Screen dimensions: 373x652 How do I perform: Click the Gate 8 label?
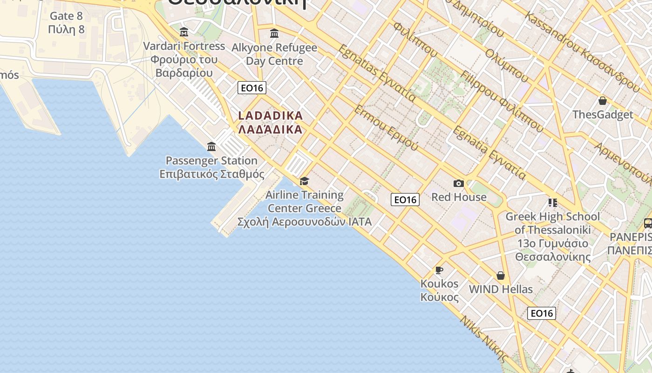(66, 22)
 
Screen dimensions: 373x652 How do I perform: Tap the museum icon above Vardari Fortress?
(184, 32)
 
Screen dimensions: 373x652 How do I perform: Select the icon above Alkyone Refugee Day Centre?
(274, 34)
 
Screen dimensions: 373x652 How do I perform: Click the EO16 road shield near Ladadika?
(251, 88)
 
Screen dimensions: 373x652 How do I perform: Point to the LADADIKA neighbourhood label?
(271, 122)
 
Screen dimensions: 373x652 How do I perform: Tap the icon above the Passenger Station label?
(211, 147)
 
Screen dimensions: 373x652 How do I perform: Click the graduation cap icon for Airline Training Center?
(304, 181)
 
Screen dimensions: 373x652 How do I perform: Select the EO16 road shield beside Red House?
(405, 200)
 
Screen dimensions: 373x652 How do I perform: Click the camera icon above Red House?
(459, 184)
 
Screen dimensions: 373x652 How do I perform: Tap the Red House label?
(459, 197)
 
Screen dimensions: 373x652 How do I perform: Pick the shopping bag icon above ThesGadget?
(603, 101)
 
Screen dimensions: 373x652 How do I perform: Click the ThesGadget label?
(603, 115)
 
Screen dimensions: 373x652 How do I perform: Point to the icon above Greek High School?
(552, 203)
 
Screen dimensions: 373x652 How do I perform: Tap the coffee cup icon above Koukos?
(439, 270)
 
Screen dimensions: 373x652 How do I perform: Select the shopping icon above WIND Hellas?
(501, 276)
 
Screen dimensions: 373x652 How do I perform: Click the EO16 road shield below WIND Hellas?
(542, 313)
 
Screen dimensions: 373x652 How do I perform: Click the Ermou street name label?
(386, 127)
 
